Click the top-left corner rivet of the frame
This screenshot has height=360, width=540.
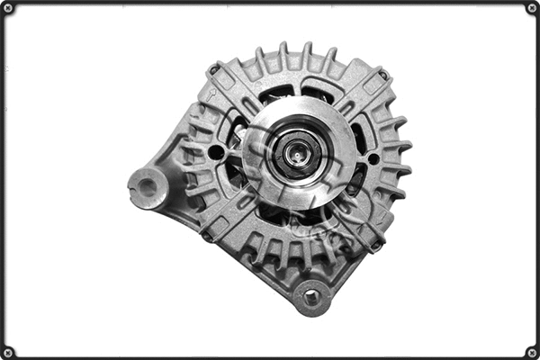click(8, 8)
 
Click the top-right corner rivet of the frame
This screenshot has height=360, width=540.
click(531, 8)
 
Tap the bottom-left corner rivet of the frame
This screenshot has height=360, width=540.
click(8, 351)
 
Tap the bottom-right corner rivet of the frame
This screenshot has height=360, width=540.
click(531, 351)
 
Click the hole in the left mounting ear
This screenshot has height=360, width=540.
click(146, 187)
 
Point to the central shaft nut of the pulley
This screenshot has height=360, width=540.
click(296, 153)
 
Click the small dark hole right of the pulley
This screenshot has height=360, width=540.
click(373, 159)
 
